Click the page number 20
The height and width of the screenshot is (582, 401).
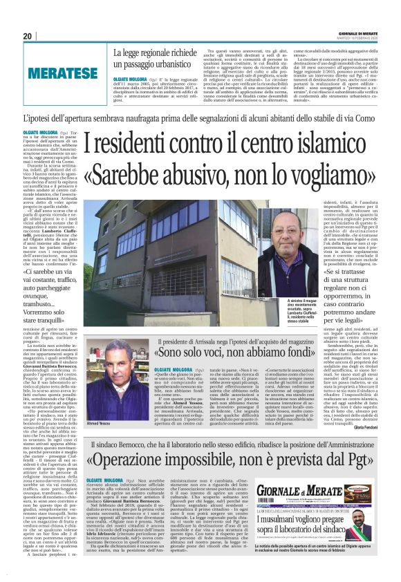pos(28,36)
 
